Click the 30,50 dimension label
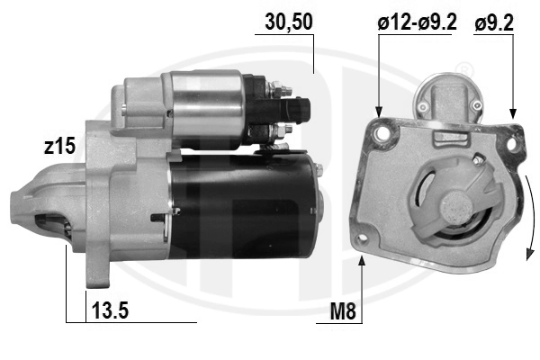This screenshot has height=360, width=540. [x=289, y=22]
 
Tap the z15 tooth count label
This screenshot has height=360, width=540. [x=59, y=146]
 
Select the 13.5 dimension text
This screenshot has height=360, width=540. [x=110, y=310]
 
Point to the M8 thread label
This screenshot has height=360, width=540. [x=343, y=311]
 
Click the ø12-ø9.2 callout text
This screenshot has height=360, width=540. [x=417, y=22]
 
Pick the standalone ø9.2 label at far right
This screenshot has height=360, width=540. [x=494, y=23]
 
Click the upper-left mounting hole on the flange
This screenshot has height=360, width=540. [x=382, y=132]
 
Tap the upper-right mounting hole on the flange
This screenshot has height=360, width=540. [x=512, y=143]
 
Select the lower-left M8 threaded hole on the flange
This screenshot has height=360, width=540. [x=362, y=238]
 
